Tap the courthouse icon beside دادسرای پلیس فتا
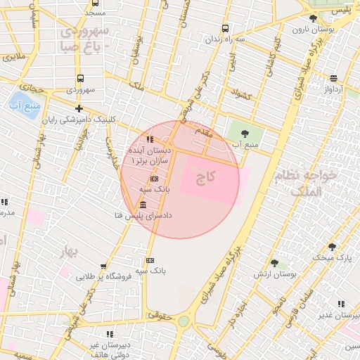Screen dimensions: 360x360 [143, 205]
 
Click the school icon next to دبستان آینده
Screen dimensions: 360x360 [150, 139]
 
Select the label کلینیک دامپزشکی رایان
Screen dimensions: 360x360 [79, 120]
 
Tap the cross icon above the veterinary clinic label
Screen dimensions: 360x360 [79, 108]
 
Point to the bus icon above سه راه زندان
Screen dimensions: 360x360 [225, 29]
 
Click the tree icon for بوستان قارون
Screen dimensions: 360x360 [313, 18]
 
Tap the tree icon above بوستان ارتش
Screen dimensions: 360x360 [274, 262]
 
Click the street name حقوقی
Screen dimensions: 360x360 [162, 318]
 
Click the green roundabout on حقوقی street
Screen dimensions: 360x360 [184, 321]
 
